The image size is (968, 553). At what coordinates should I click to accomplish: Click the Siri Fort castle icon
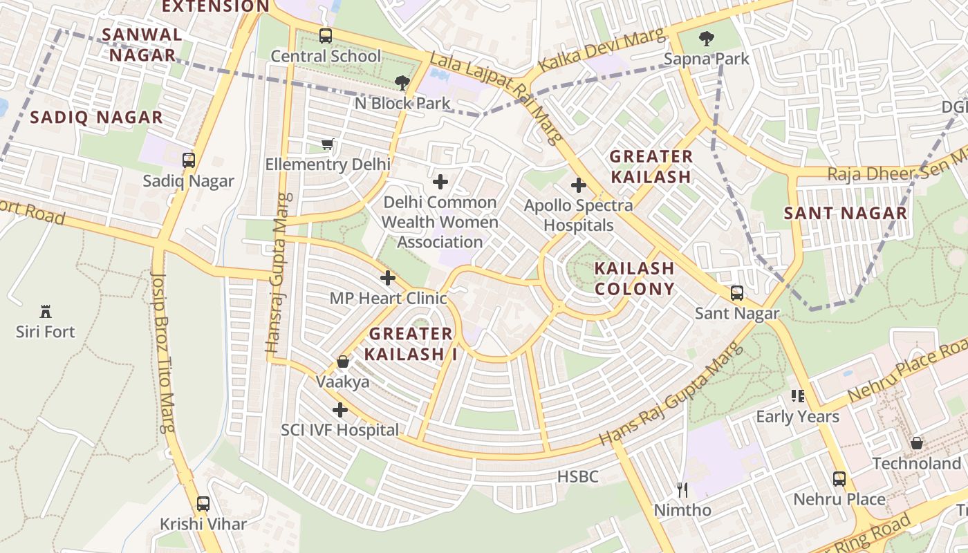(46, 311)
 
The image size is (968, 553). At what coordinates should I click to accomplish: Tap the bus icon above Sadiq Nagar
(188, 160)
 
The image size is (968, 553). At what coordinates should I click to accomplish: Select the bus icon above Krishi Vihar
(203, 503)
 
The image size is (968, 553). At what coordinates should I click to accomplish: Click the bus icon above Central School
(325, 35)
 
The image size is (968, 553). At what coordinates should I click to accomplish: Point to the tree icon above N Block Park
(402, 83)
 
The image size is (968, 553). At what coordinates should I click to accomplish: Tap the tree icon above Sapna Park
(706, 38)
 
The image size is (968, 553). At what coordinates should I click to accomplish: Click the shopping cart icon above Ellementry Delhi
(328, 144)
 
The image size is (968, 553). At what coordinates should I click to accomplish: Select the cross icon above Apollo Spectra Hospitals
(578, 185)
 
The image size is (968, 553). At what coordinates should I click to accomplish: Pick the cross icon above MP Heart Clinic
(388, 278)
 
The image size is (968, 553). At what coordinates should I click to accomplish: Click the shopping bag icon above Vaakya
(342, 362)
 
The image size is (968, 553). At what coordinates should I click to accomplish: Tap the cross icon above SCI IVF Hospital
(339, 410)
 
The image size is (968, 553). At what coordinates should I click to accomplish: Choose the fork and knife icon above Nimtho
(682, 490)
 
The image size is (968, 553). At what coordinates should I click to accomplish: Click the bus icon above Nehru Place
(839, 478)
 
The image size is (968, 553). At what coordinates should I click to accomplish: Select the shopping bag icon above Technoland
(916, 442)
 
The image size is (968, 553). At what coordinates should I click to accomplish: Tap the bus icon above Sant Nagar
(737, 293)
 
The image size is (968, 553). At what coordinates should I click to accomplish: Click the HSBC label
(577, 476)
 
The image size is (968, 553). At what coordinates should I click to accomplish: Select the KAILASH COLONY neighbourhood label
(634, 279)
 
